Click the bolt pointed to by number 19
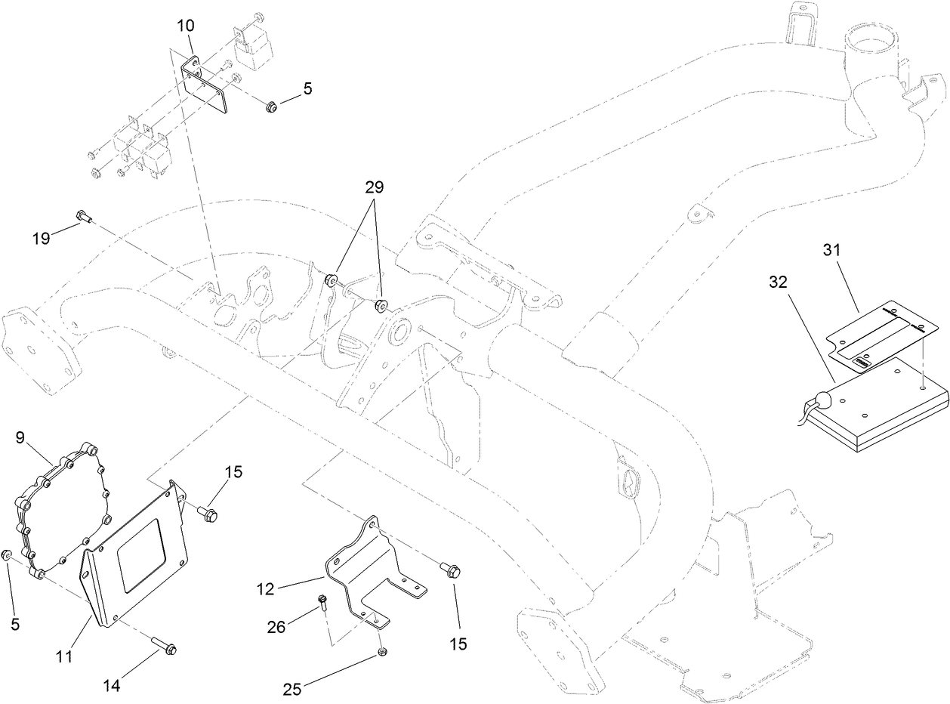pos(83,218)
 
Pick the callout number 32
pos(778,283)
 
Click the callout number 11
pos(63,656)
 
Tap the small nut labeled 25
pos(383,652)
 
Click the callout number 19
pos(41,239)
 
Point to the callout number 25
pos(293,688)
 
